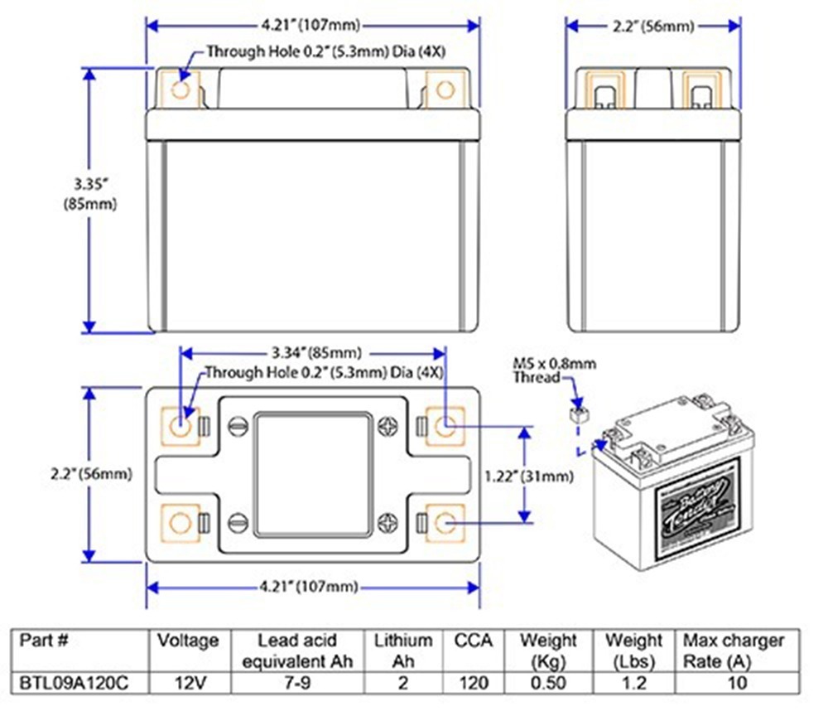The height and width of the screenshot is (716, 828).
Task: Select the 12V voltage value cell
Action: pyautogui.click(x=188, y=683)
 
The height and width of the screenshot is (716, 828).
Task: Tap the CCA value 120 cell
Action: pyautogui.click(x=473, y=683)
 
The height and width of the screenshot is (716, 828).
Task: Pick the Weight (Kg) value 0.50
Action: pyautogui.click(x=547, y=683)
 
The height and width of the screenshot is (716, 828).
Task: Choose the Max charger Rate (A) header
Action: pyautogui.click(x=733, y=651)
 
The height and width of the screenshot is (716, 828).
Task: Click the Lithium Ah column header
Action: pyautogui.click(x=403, y=651)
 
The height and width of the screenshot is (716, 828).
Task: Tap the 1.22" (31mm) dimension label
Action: pyautogui.click(x=527, y=476)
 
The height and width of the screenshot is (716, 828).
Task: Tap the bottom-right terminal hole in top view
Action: pyautogui.click(x=445, y=522)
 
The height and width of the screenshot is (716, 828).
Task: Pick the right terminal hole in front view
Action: pyautogui.click(x=445, y=89)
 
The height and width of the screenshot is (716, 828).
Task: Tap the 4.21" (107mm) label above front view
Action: pyautogui.click(x=313, y=26)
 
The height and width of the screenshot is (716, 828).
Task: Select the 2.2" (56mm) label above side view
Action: pyautogui.click(x=653, y=26)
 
